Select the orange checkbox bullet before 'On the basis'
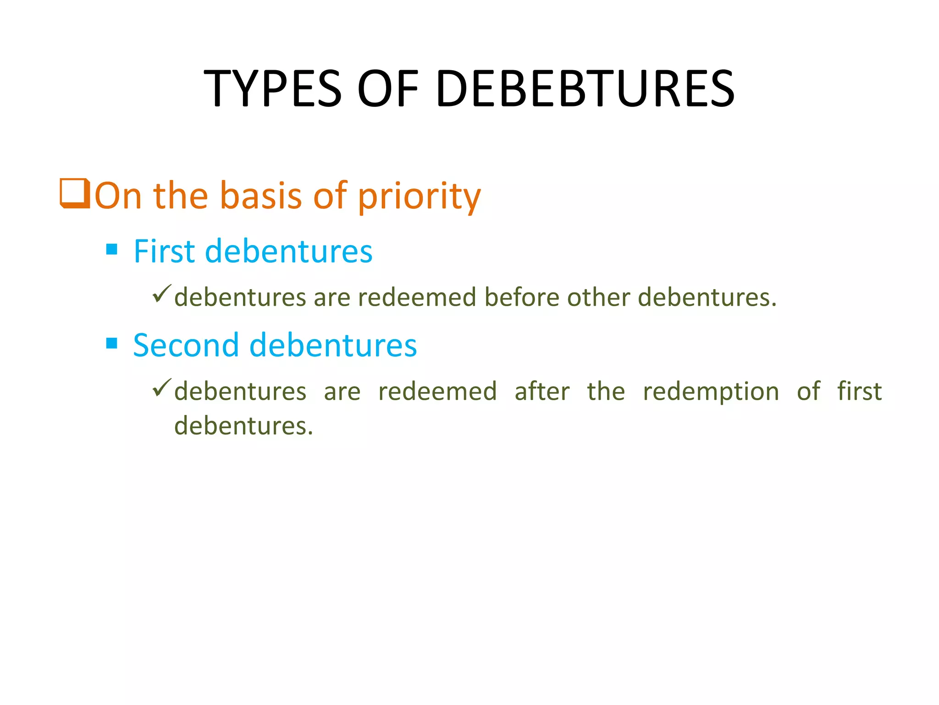75,194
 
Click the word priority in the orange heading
419,196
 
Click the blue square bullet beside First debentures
112,249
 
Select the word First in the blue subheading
164,252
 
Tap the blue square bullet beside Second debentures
112,343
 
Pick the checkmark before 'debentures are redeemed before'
162,294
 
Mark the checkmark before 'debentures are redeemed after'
162,388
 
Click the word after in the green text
542,392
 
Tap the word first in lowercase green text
859,392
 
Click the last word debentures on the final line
243,425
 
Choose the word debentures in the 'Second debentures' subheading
333,345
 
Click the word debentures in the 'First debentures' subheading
288,252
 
